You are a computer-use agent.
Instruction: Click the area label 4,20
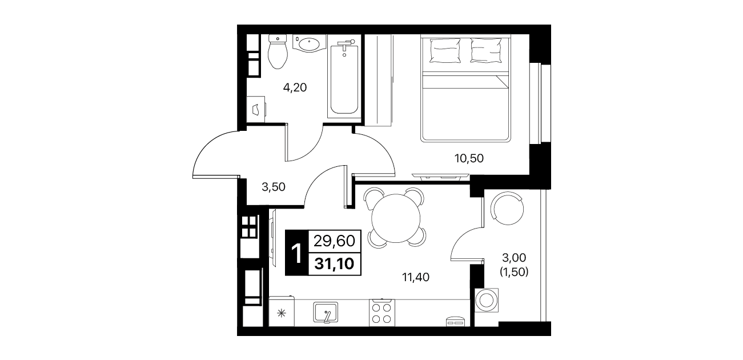pos(295,87)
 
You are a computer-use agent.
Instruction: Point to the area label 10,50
pos(469,158)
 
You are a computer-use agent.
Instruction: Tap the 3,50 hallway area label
pos(274,187)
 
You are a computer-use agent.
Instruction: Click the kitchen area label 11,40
pos(416,277)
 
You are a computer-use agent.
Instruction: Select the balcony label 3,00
pos(514,257)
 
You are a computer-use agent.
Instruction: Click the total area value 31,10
pos(334,264)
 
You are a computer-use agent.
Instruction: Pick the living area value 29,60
pos(334,241)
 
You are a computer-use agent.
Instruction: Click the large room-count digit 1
pos(296,253)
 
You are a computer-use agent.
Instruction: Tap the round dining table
pos(396,218)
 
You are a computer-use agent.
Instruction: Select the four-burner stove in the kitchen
pos(382,313)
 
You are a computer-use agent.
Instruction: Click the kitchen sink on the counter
pos(326,312)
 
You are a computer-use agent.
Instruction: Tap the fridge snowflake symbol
pos(282,313)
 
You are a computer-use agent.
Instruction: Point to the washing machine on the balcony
pos(487,300)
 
